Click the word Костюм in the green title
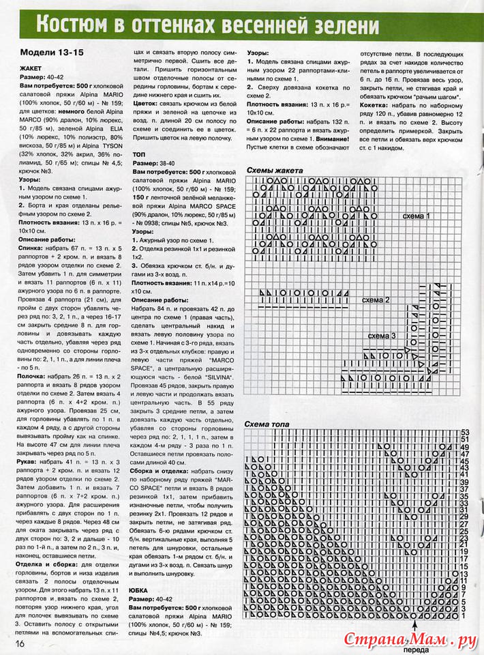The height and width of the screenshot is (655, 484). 72,25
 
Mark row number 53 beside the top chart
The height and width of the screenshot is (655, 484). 466,433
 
